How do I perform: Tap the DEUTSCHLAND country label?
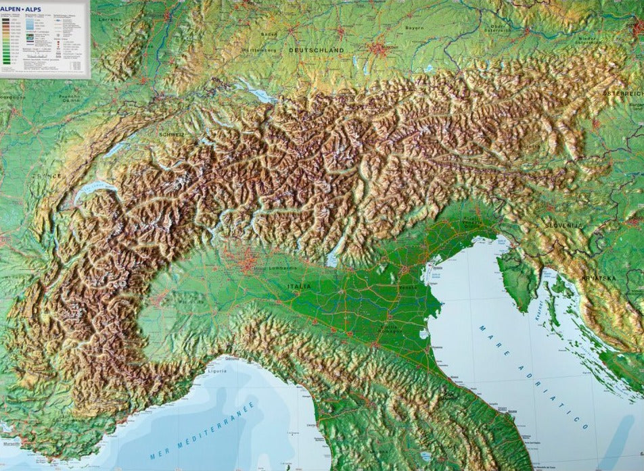[316, 50]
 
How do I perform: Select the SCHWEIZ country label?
[171, 134]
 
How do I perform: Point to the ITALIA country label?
[299, 287]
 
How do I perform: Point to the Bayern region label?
[415, 28]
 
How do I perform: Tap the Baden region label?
[269, 34]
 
